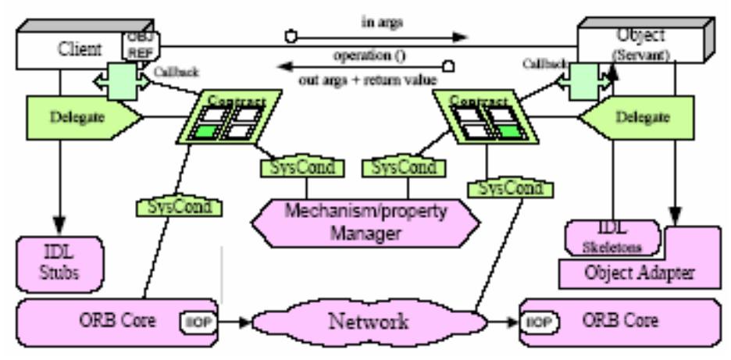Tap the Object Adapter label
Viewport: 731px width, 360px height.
tap(640, 274)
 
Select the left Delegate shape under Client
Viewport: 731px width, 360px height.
tap(72, 119)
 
